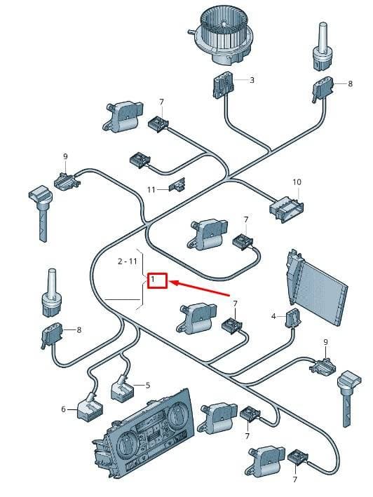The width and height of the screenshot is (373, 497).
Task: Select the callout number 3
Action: [252, 80]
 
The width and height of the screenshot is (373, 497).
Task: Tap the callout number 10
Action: [297, 182]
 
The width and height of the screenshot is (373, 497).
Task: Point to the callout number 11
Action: [151, 189]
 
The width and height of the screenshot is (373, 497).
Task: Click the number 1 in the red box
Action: [153, 279]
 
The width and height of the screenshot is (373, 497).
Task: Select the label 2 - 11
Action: [127, 261]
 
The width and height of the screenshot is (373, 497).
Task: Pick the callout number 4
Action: [273, 316]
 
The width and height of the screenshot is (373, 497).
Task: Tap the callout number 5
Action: [148, 386]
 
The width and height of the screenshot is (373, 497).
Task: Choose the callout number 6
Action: [63, 409]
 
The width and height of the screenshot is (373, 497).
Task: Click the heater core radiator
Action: [316, 287]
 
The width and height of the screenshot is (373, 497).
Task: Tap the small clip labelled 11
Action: [177, 185]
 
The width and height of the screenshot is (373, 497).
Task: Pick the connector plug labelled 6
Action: [90, 408]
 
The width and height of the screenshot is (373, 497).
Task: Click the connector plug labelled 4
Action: [292, 318]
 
